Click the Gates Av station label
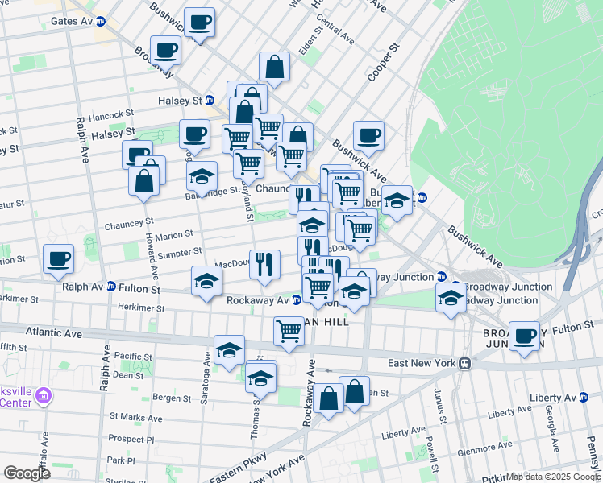pos(71,21)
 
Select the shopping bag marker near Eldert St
pos(274,68)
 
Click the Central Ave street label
pos(335,29)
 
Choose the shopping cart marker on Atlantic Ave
pos(289,331)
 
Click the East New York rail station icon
pos(465,363)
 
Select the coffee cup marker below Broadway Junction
pos(524,336)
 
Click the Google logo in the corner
pos(27,473)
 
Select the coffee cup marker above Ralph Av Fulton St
pos(58,259)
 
